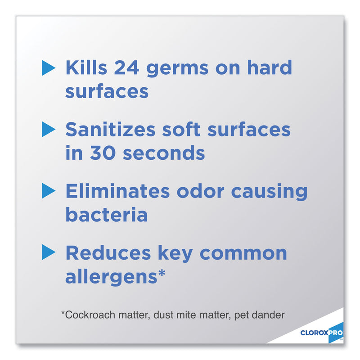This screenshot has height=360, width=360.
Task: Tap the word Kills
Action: pyautogui.click(x=86, y=68)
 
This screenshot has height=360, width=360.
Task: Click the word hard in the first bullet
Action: pyautogui.click(x=270, y=68)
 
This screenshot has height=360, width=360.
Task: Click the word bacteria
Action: pyautogui.click(x=106, y=215)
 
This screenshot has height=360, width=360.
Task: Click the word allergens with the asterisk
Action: pyautogui.click(x=115, y=276)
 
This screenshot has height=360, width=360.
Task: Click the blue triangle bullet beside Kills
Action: pyautogui.click(x=48, y=68)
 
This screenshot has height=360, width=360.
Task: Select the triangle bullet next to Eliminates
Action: pyautogui.click(x=48, y=191)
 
